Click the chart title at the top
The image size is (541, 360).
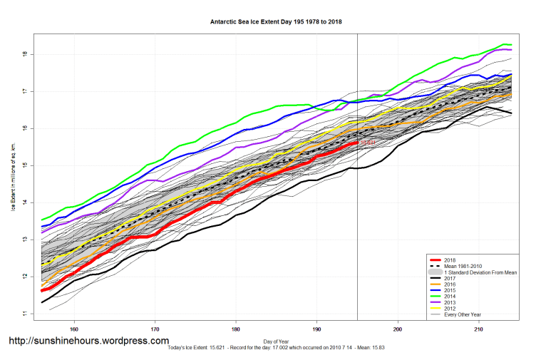pyautogui.click(x=270, y=22)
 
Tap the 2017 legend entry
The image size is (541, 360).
pyautogui.click(x=450, y=278)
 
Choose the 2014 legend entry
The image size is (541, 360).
pyautogui.click(x=450, y=295)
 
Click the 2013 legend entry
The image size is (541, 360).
pyautogui.click(x=450, y=302)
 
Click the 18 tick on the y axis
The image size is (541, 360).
pyautogui.click(x=25, y=54)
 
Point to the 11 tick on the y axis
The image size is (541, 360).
pyautogui.click(x=25, y=314)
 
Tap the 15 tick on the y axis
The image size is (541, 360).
pyautogui.click(x=25, y=165)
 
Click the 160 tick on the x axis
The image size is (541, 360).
pyautogui.click(x=73, y=329)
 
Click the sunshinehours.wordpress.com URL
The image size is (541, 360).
pyautogui.click(x=88, y=341)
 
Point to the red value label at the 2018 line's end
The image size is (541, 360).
pyautogui.click(x=368, y=143)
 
